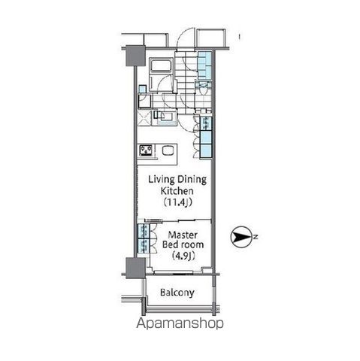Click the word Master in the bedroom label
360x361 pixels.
pos(179,235)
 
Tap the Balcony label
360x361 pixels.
pos(177,293)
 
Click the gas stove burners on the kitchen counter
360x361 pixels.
pos(146,150)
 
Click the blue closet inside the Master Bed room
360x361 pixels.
pos(141,239)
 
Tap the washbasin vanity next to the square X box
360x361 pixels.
pos(163,117)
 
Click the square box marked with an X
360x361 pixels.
pos(143,117)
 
